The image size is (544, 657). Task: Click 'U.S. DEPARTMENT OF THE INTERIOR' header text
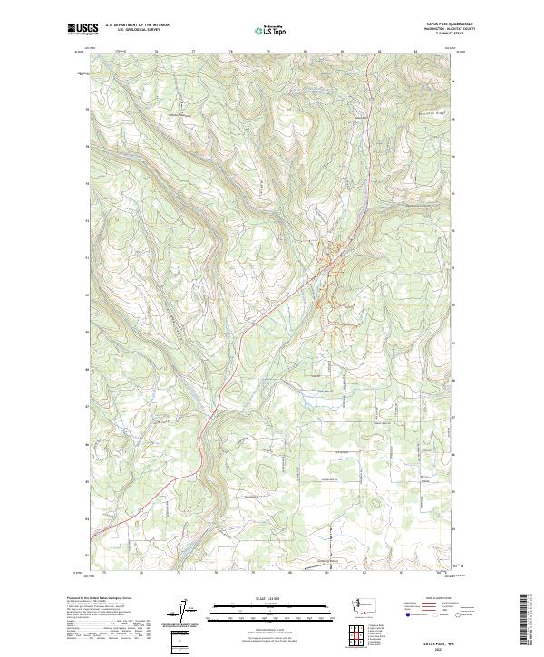pos(137,25)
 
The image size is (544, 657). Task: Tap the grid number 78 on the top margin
pos(231,52)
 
